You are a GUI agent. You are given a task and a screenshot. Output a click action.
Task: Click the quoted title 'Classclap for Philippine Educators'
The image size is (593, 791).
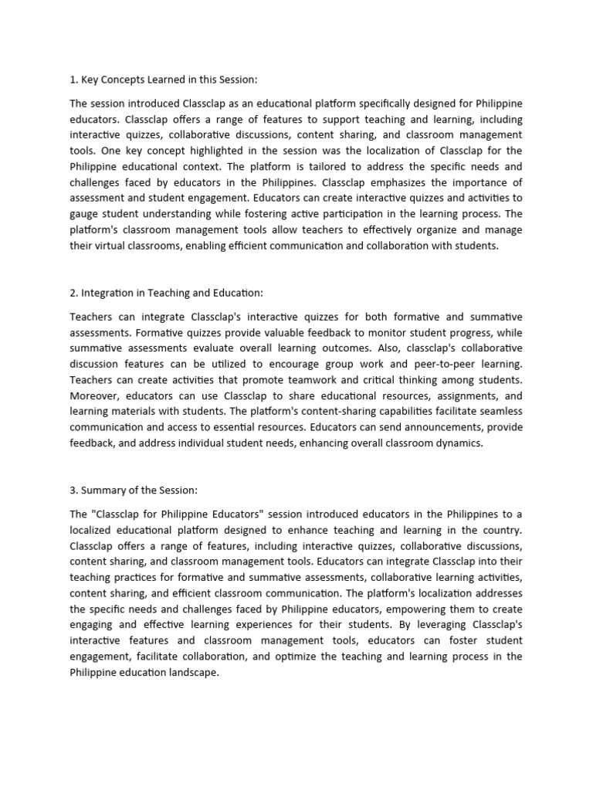(185, 514)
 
